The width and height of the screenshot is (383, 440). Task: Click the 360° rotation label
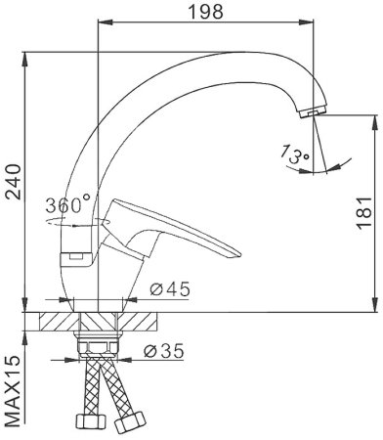pyautogui.click(x=67, y=205)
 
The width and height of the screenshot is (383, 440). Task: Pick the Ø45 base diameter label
pyautogui.click(x=168, y=289)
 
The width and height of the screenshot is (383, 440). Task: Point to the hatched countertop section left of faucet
pyautogui.click(x=58, y=321)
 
